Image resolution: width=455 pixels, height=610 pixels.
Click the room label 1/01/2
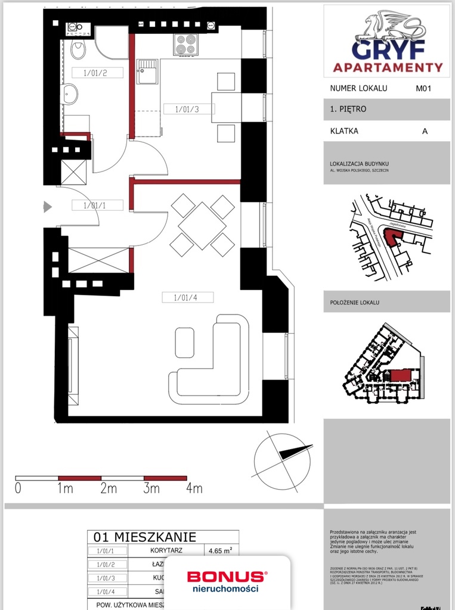tap(95, 73)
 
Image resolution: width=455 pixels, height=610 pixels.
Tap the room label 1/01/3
tap(187, 109)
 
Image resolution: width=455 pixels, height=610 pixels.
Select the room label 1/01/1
tap(95, 206)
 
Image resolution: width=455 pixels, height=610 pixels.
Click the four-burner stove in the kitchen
tap(186, 43)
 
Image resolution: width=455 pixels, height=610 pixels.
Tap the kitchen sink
tap(146, 71)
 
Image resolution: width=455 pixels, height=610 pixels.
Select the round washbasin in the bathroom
tap(70, 94)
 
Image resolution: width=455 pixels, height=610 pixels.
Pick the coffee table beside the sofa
tap(184, 343)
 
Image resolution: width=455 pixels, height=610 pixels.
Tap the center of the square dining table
tap(202, 226)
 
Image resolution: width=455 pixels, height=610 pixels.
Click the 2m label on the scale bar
tap(108, 488)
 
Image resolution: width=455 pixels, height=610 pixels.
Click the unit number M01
tap(423, 88)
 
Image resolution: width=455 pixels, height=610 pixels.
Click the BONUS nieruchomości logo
tap(227, 581)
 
